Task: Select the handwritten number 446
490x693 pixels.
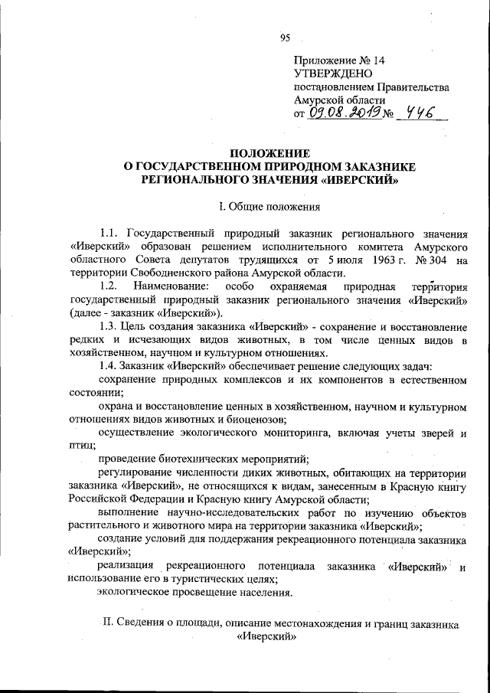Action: (420, 113)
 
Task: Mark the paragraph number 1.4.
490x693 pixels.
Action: (109, 367)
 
